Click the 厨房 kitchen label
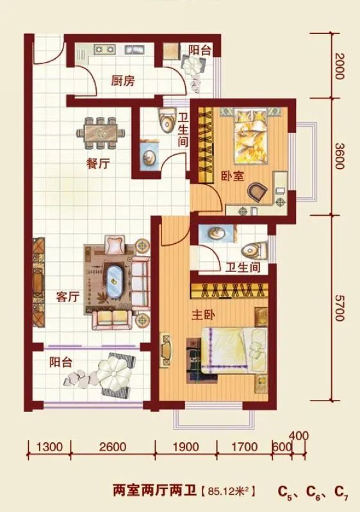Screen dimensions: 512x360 click(122, 82)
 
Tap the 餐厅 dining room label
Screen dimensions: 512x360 click(98, 163)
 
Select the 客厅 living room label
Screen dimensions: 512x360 click(67, 298)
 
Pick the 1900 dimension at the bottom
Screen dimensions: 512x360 click(186, 447)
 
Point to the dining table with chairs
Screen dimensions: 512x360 click(101, 132)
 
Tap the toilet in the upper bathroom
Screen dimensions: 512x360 click(167, 120)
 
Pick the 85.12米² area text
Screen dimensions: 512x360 click(228, 492)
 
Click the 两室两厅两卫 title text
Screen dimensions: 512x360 click(154, 492)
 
